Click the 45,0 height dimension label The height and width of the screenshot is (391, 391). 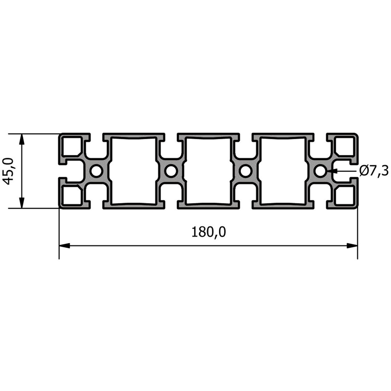click(8, 171)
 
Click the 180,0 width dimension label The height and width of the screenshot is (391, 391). click(209, 232)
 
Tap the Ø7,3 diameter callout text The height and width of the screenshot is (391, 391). click(374, 171)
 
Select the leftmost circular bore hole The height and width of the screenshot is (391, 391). click(96, 171)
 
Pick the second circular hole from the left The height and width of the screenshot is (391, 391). click(171, 171)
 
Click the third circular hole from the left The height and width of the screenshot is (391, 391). click(246, 171)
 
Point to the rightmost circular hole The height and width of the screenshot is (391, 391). click(320, 171)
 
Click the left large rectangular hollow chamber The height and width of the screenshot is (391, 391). click(134, 171)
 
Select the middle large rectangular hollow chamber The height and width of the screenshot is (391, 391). click(208, 171)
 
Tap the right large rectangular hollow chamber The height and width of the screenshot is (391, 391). click(283, 171)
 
